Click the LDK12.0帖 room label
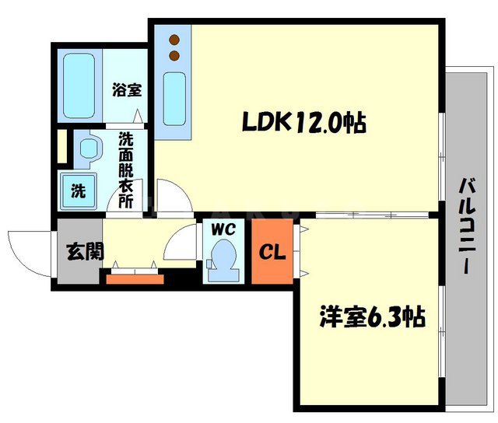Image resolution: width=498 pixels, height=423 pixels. click(x=304, y=122)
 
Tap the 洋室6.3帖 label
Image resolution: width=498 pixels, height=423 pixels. click(x=372, y=317)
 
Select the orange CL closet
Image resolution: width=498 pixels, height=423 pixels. click(x=272, y=252)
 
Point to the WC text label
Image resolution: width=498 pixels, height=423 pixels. click(x=223, y=230)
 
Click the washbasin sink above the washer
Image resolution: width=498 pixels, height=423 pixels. click(x=88, y=149)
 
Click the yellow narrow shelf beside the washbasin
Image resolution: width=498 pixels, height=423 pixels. click(x=61, y=148)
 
